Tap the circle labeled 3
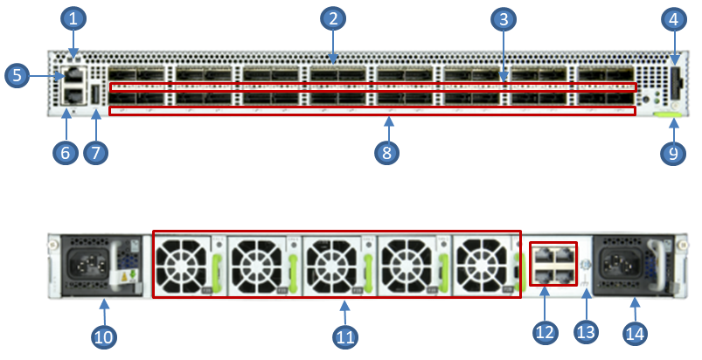click(x=502, y=17)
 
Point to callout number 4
click(x=672, y=17)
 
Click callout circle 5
click(x=17, y=76)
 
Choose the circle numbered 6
click(x=64, y=152)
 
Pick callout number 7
click(x=95, y=152)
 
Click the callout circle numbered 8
click(x=386, y=152)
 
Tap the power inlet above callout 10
click(x=87, y=261)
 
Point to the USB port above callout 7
click(x=95, y=97)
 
